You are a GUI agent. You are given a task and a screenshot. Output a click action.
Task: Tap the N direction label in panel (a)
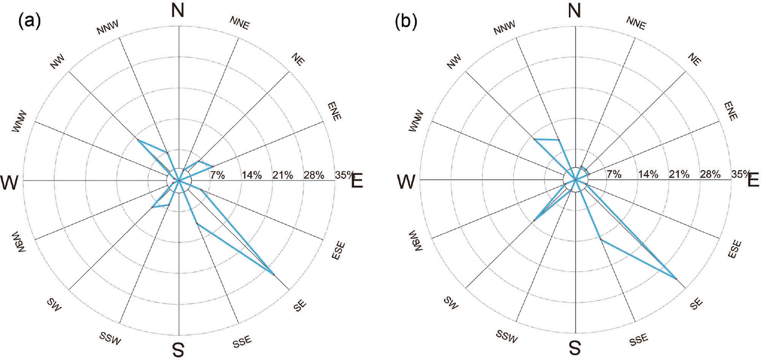178,11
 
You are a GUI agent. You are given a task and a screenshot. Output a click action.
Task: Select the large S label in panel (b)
575,349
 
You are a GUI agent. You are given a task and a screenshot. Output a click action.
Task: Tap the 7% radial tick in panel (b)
614,175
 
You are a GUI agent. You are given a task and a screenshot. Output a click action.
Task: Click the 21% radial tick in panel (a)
283,175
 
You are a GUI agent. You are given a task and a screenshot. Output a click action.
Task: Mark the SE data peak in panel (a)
273,275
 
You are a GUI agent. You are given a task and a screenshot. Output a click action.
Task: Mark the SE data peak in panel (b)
676,279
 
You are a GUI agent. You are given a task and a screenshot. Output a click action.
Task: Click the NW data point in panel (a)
137,140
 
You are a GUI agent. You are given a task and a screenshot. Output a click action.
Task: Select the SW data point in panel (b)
534,220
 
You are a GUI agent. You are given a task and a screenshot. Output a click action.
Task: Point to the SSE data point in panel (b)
601,239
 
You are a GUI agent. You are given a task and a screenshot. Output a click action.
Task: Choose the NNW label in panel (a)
108,30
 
